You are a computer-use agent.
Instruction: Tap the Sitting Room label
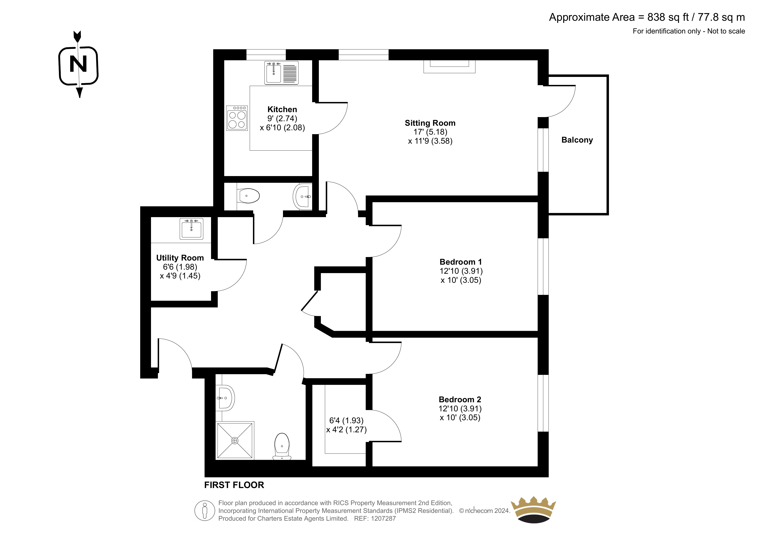pos(430,123)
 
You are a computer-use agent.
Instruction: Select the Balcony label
pos(577,140)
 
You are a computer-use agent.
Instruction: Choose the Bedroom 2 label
pos(460,400)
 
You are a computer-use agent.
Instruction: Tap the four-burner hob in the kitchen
pos(237,118)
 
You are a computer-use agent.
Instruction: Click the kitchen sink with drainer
pos(281,73)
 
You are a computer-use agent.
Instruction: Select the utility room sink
pos(191,229)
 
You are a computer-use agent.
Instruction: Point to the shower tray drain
pos(235,441)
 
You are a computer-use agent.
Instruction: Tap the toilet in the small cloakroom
pos(248,196)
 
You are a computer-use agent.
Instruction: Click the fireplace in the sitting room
pos(449,66)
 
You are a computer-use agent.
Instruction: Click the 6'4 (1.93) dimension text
pos(346,420)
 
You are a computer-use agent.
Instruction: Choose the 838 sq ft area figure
pos(668,17)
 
